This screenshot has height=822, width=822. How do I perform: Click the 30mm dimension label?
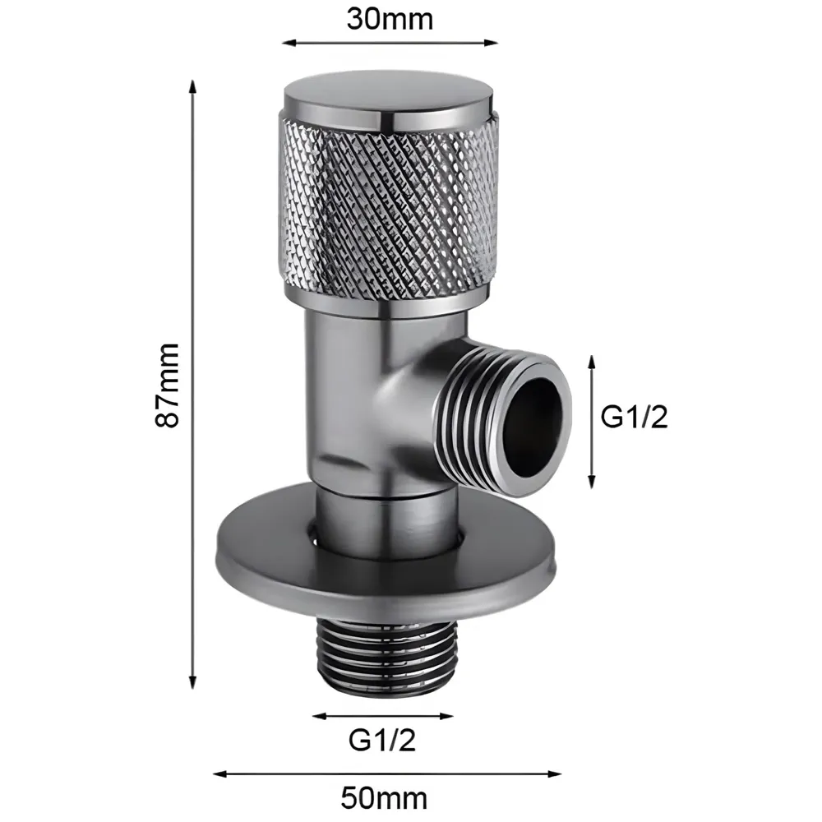click(389, 18)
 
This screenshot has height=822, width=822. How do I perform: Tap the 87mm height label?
click(168, 384)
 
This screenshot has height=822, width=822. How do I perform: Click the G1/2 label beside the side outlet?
click(635, 418)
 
